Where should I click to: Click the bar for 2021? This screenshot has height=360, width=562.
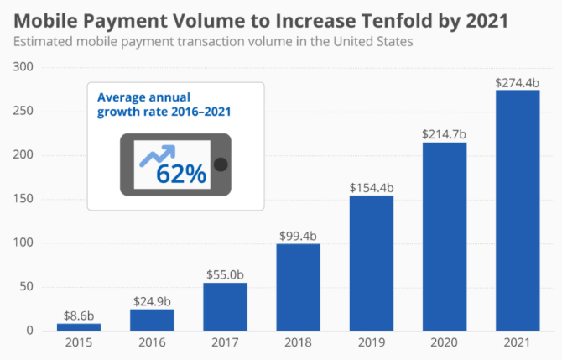click(x=518, y=210)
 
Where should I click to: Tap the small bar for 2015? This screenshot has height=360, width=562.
click(x=78, y=326)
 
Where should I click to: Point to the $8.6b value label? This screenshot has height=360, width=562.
click(x=78, y=315)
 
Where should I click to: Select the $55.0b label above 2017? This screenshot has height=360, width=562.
click(x=225, y=274)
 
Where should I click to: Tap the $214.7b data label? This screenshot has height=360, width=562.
click(x=444, y=133)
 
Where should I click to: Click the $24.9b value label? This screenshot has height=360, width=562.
click(x=151, y=300)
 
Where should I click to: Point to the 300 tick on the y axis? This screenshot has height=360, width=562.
click(x=23, y=67)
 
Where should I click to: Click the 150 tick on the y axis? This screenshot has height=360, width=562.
click(x=23, y=199)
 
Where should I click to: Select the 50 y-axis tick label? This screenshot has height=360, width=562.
click(x=26, y=287)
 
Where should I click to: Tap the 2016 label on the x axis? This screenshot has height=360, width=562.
click(x=151, y=343)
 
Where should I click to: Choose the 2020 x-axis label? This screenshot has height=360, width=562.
click(x=444, y=343)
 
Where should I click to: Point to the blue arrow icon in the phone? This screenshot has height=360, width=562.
click(x=157, y=154)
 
